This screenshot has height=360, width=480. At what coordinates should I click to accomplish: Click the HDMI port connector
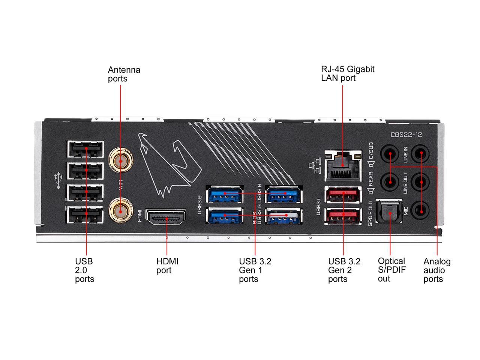165,218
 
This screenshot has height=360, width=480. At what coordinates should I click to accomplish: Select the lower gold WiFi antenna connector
120,211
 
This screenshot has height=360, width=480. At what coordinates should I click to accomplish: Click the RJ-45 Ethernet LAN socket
343,165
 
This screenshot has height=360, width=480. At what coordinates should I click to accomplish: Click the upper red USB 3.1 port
343,195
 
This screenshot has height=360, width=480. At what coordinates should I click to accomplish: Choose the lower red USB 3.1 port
343,216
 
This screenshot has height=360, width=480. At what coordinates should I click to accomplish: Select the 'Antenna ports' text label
124,74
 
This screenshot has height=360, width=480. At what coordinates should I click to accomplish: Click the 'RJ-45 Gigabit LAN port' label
347,73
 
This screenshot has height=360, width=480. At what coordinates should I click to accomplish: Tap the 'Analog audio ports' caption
436,270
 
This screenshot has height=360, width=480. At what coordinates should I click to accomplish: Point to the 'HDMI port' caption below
167,266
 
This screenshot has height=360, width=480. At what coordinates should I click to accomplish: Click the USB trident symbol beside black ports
57,181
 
